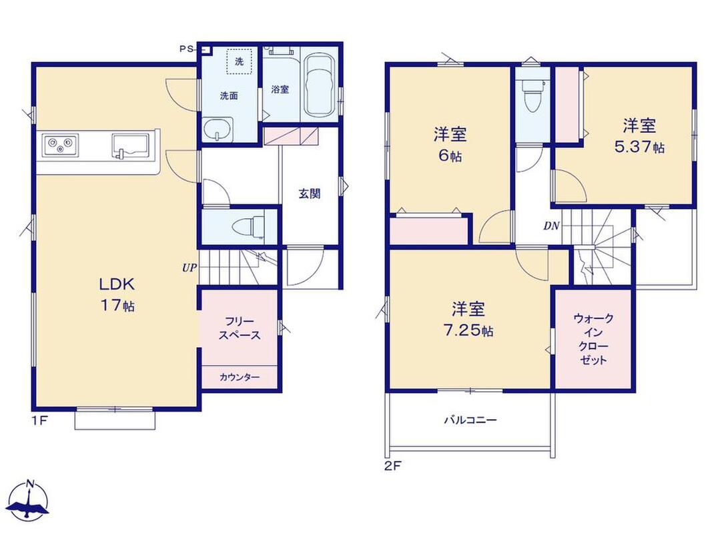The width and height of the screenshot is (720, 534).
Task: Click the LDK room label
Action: [117, 284]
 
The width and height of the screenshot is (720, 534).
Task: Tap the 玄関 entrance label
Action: [310, 194]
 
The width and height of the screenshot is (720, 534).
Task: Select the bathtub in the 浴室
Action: [320, 85]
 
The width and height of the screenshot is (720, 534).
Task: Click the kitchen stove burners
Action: [60, 145]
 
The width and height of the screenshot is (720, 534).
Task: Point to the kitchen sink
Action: [130, 146]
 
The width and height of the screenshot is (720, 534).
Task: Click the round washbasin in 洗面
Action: [218, 129]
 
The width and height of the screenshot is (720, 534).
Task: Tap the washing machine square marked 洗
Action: [240, 61]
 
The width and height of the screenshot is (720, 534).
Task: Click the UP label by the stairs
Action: [190, 268]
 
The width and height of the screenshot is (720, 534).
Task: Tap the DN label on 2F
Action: [551, 226]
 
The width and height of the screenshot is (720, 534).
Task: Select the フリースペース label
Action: [240, 328]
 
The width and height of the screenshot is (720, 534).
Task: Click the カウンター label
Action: [240, 377]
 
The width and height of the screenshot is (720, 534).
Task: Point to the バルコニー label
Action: [470, 420]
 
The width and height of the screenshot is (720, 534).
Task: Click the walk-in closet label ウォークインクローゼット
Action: [593, 339]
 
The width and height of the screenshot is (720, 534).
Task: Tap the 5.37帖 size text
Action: [639, 147]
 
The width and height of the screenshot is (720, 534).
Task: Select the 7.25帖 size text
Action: [468, 330]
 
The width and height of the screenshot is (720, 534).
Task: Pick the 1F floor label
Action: [39, 420]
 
